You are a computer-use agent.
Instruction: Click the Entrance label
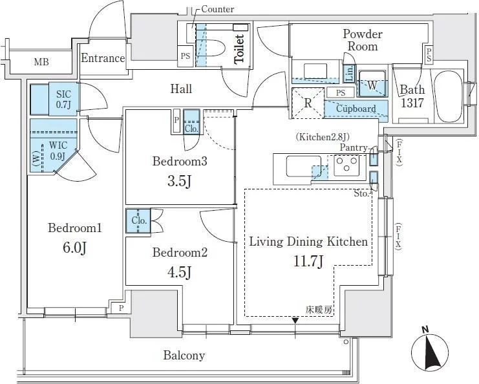pos(102,58)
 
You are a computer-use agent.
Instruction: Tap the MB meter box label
pos(41,62)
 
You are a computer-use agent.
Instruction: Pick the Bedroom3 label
pos(180,162)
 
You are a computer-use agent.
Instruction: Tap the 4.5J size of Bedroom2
pos(180,273)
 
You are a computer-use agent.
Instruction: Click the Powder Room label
pos(363,40)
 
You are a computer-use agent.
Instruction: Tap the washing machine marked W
pos(373,84)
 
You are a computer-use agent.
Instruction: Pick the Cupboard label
pos(356,109)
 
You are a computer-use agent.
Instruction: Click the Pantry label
pos(354,149)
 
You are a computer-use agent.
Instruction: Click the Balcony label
pos(184,355)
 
